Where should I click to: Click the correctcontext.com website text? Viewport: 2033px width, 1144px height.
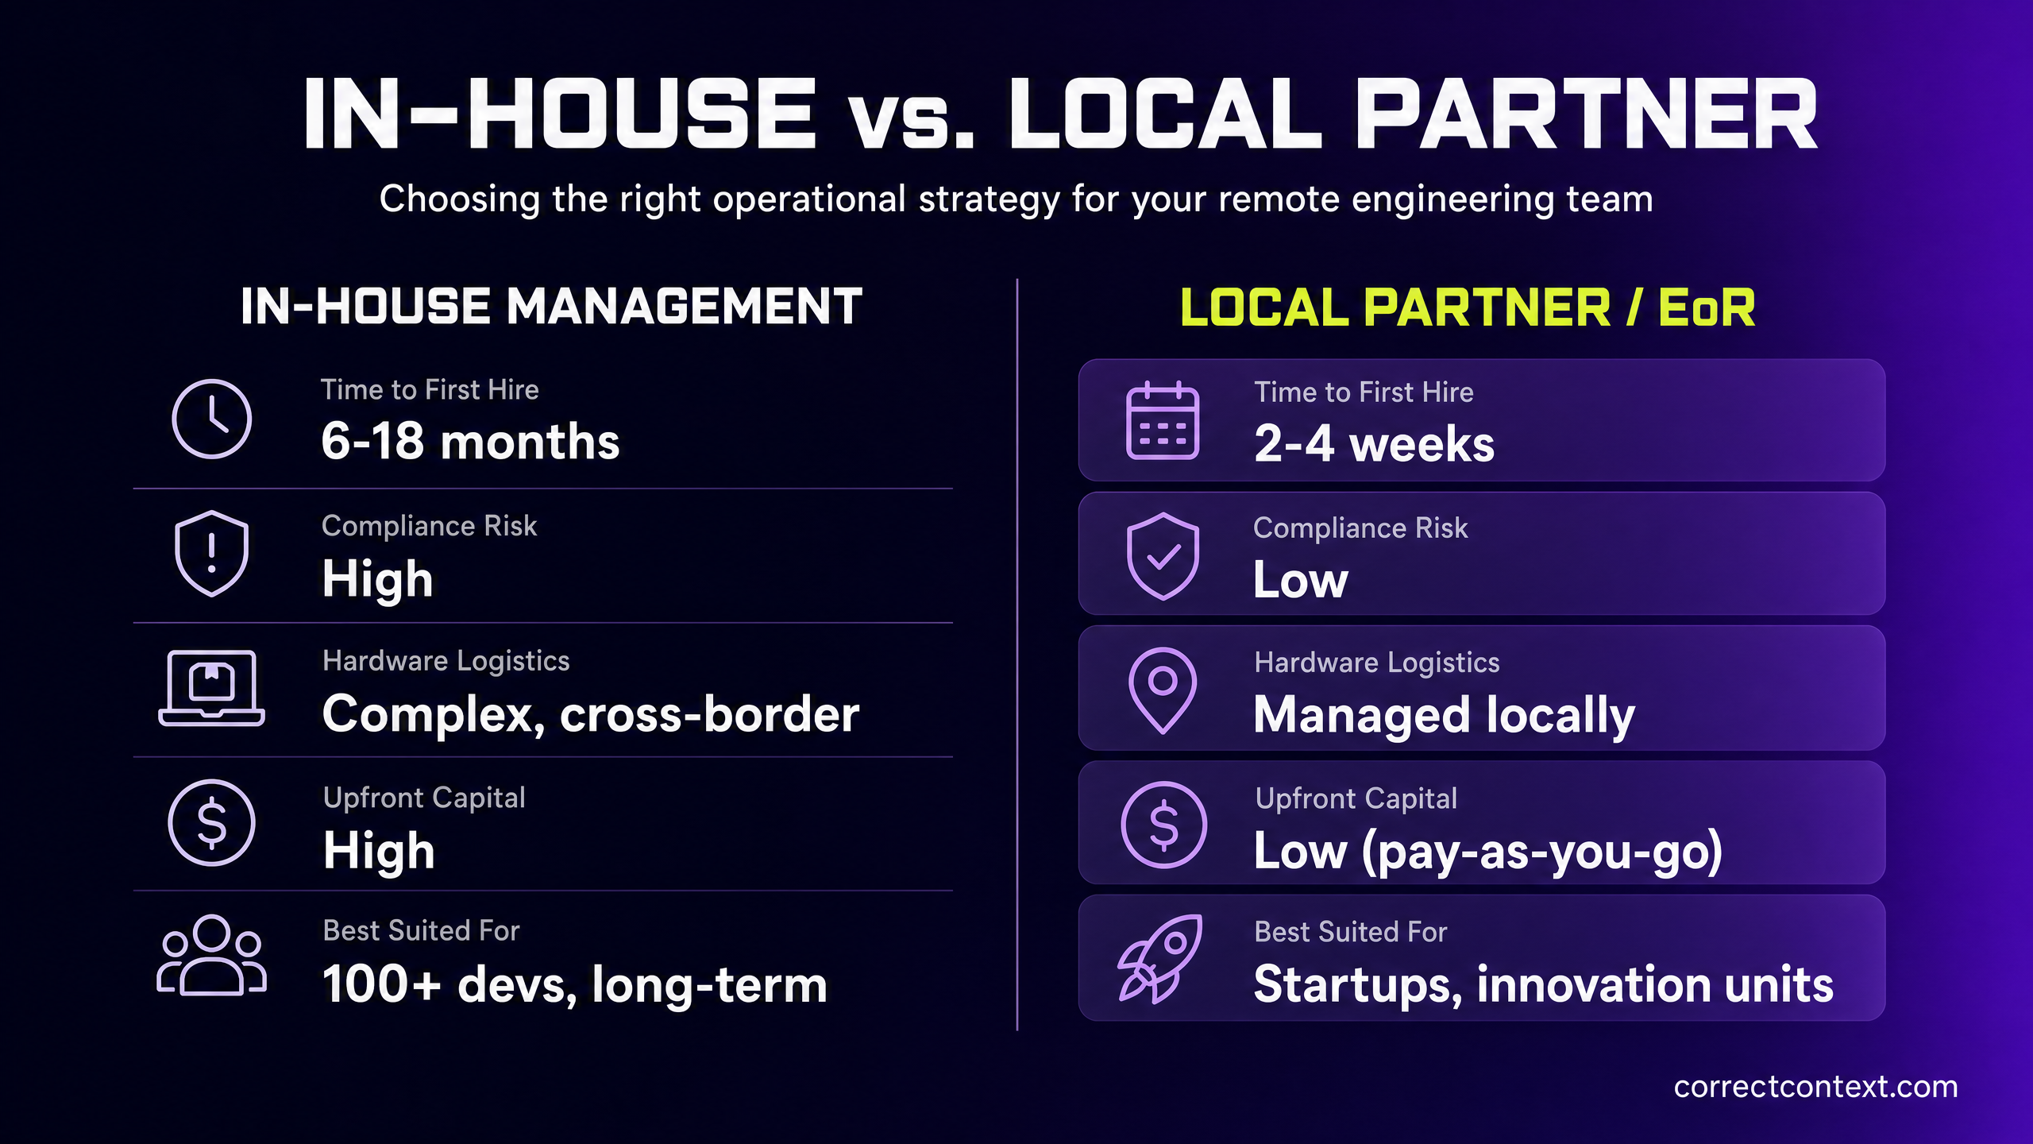point(1816,1086)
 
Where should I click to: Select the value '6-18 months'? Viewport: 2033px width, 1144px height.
point(470,441)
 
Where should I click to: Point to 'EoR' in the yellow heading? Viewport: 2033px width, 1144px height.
point(1707,307)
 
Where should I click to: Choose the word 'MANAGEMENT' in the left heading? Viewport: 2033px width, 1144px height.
point(684,306)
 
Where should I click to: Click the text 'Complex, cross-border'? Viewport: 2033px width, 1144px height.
point(591,713)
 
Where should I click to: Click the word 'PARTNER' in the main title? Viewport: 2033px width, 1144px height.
point(1585,114)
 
